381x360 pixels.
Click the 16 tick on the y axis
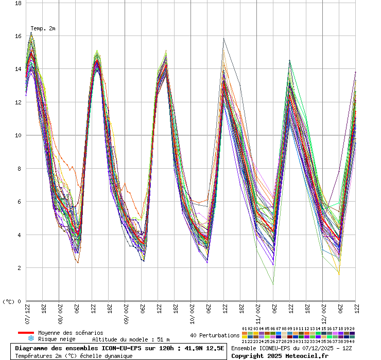18,36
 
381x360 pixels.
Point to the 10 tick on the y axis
18,135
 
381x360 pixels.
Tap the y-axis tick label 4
20,235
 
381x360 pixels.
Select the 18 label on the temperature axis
18,3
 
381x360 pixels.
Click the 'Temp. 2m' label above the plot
43,28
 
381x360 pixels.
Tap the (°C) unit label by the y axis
9,301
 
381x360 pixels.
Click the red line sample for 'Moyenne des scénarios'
26,333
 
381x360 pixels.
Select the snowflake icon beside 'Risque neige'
30,339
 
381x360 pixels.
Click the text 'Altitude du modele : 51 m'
130,339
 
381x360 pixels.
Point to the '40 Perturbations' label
215,335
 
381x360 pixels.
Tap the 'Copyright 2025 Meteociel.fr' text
280,355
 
